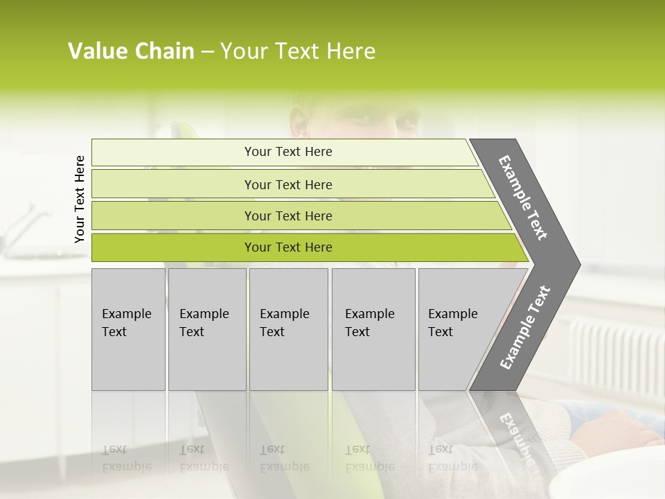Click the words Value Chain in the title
(x=131, y=51)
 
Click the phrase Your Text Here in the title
(x=298, y=51)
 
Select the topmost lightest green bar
(x=288, y=152)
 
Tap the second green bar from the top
(x=288, y=184)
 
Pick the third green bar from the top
(x=288, y=216)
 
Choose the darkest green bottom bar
(x=288, y=247)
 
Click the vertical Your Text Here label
(x=80, y=199)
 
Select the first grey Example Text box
(x=128, y=329)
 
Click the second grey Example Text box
(x=206, y=329)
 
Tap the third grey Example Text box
(x=288, y=329)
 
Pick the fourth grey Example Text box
(x=373, y=329)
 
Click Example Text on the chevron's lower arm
(x=525, y=328)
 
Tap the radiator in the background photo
(x=610, y=357)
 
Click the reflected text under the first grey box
(x=126, y=457)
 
